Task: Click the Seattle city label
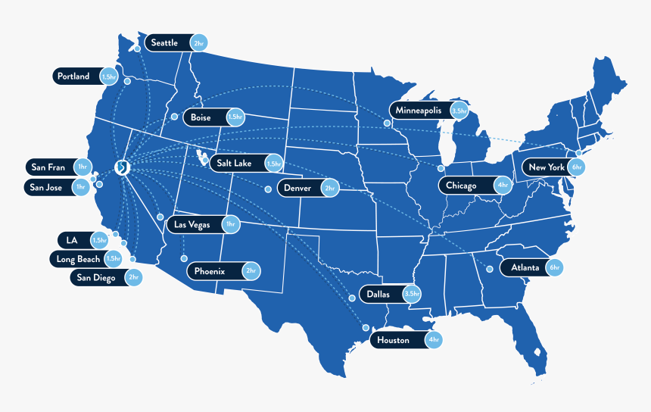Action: [165, 43]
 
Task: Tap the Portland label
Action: [73, 76]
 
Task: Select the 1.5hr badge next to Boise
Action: [235, 117]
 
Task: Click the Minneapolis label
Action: [419, 111]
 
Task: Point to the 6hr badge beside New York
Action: [576, 167]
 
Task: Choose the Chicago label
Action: [462, 186]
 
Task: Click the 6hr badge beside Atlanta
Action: [555, 267]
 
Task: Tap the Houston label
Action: [394, 341]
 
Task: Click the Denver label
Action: [296, 188]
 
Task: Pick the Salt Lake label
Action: [235, 163]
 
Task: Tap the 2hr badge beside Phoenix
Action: [251, 271]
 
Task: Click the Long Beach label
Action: [79, 259]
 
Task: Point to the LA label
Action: [73, 240]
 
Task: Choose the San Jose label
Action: [47, 187]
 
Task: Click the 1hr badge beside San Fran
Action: [82, 167]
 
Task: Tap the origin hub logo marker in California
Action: [121, 167]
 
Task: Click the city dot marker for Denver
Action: [268, 189]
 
